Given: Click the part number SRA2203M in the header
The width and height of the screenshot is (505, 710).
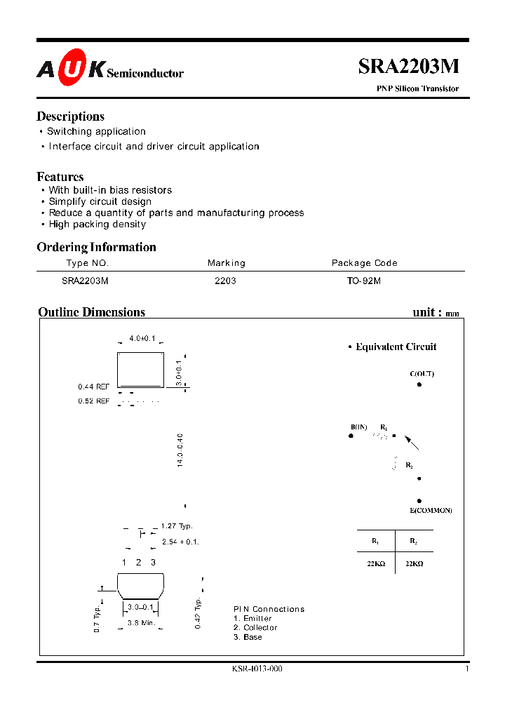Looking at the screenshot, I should (x=409, y=66).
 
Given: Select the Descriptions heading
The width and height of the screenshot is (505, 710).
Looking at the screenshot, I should (x=70, y=116).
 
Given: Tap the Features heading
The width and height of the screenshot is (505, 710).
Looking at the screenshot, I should (x=60, y=177).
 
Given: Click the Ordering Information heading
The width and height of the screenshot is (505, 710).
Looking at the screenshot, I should (x=96, y=247).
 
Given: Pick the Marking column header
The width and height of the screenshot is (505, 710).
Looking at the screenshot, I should (x=227, y=263).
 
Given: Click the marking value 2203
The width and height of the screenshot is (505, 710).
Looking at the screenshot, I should (x=225, y=280).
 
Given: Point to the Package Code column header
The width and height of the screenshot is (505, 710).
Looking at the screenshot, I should (x=364, y=263).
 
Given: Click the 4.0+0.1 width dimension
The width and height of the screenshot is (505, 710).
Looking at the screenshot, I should (x=142, y=338).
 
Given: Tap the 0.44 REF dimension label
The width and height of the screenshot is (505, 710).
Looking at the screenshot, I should (x=94, y=387).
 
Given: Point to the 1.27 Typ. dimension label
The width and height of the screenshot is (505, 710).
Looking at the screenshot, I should (x=176, y=526).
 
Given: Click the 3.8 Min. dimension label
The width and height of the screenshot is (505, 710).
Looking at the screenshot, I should (x=142, y=623).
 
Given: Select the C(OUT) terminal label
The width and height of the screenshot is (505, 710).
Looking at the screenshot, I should (x=422, y=374).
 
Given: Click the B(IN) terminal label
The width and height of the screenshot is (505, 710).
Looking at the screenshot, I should (x=358, y=427).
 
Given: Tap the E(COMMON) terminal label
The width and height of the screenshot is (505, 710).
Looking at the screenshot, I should (x=431, y=510).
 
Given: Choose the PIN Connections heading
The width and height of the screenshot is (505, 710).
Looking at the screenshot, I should (x=269, y=609).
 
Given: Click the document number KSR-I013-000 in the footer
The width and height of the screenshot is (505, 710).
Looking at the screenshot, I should (x=257, y=669).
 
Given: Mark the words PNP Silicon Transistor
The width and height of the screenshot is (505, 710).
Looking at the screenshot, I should (x=419, y=89).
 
